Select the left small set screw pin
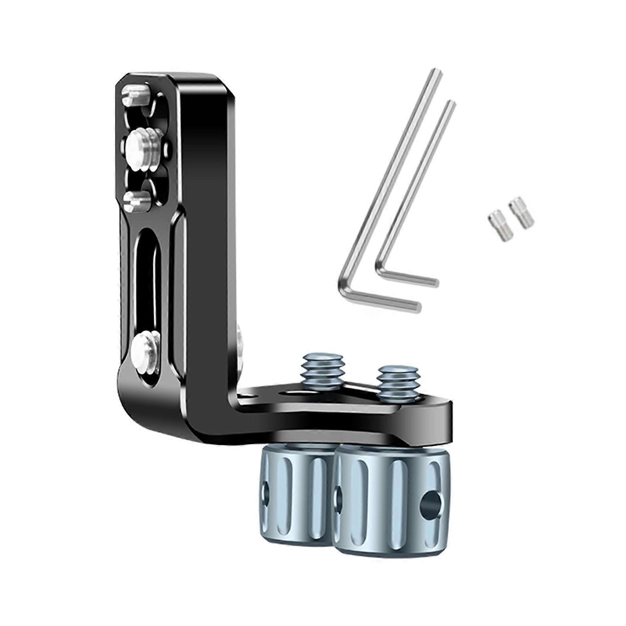click(495, 222)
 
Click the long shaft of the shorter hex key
click(415, 184)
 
